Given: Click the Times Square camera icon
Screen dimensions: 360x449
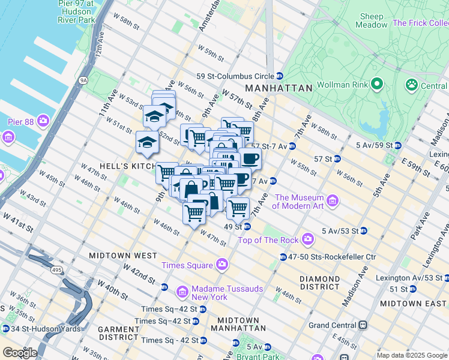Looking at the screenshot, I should coord(222,265).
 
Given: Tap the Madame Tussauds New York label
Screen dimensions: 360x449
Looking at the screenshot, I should coord(228,293).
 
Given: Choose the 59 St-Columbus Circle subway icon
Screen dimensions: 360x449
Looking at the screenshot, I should coord(280,76).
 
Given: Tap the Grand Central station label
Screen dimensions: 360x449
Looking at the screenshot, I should coord(333,326).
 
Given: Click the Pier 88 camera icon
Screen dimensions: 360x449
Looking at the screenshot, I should coord(43,122).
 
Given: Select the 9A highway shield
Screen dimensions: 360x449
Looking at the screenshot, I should coord(83,79).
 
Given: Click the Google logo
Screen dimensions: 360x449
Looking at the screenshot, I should coord(19,352).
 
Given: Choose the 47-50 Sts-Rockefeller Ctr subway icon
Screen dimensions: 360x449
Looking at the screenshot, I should coord(283,257).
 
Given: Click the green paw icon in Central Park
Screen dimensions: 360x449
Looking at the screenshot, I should coord(411,86).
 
